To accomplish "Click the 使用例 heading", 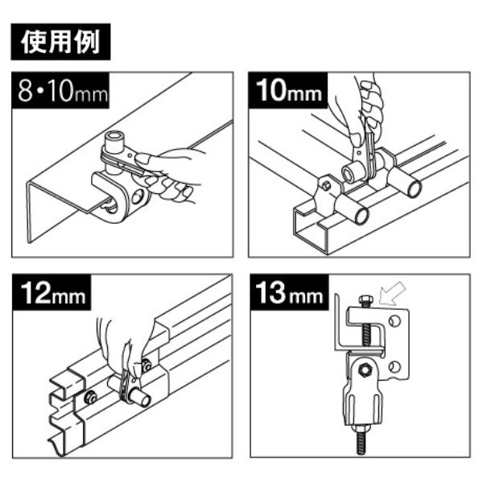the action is (60, 42).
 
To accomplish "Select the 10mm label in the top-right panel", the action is (288, 90).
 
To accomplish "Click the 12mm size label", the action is (52, 292).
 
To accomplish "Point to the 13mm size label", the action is (290, 292).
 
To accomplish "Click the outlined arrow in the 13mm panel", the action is (392, 294).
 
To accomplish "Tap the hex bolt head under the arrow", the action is (365, 299).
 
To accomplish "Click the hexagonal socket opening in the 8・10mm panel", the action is (113, 135).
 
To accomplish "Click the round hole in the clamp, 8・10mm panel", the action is (138, 196).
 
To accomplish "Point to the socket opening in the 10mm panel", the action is (349, 175).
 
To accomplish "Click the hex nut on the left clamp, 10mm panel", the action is (327, 186).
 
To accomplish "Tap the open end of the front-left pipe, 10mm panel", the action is (361, 217).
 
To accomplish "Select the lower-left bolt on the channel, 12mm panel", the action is (90, 398).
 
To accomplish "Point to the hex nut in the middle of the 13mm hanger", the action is (365, 369).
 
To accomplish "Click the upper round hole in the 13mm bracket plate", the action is (395, 321).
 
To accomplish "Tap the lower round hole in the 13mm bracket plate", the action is (394, 367).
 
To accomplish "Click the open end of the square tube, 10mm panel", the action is (310, 229).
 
